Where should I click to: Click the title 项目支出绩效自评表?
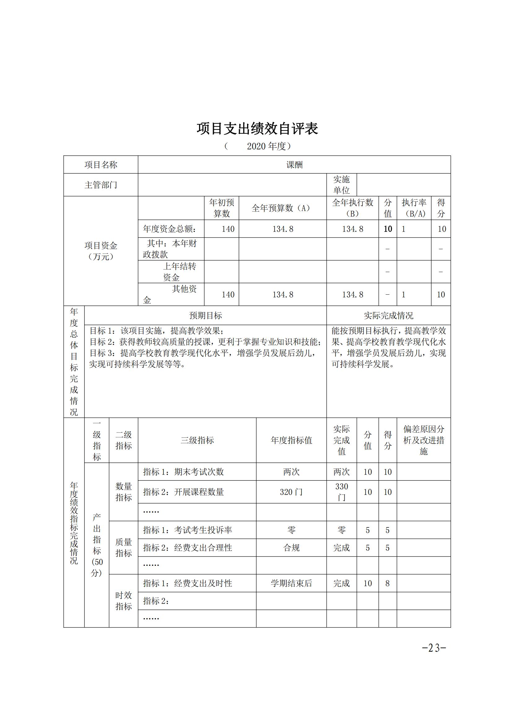click(x=257, y=129)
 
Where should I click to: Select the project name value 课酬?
click(x=294, y=165)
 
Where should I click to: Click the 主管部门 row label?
click(x=101, y=185)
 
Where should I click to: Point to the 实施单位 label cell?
click(x=341, y=185)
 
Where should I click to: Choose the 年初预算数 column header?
click(x=221, y=208)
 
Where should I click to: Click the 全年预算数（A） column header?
click(x=283, y=208)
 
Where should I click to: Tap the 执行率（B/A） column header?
click(x=414, y=208)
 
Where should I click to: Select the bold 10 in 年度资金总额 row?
click(x=388, y=229)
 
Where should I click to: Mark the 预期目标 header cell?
click(x=205, y=315)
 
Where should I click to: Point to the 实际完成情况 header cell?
click(x=388, y=315)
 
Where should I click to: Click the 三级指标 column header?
click(x=197, y=440)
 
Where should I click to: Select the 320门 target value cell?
click(x=291, y=492)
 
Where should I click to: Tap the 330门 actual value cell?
click(x=341, y=492)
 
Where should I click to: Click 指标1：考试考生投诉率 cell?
click(x=188, y=530)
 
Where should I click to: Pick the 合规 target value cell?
click(x=291, y=548)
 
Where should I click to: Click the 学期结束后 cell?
click(x=291, y=583)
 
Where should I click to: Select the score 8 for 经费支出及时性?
click(x=388, y=583)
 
